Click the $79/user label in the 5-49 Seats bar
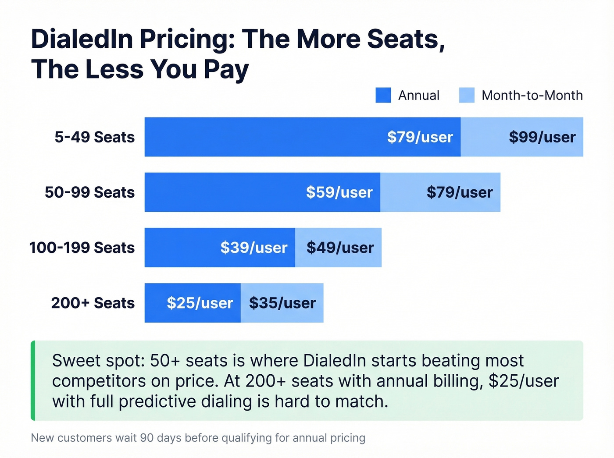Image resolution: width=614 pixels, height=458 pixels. coord(420,137)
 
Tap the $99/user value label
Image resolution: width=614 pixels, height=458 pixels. coord(542,137)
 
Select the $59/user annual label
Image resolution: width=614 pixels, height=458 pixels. coord(339,192)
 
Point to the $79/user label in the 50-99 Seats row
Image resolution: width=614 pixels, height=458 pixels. coord(459,192)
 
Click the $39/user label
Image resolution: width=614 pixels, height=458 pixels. coord(253,248)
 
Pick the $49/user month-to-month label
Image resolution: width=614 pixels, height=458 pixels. coord(340,248)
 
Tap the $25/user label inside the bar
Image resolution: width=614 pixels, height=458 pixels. coord(200,303)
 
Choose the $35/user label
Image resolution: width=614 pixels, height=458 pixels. coord(282,303)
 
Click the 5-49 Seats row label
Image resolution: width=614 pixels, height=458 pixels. coord(94,137)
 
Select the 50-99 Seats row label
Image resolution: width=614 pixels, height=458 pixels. coord(89,192)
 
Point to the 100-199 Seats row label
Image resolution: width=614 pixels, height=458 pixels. coord(82,248)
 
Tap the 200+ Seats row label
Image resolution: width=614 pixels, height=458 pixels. coord(93,303)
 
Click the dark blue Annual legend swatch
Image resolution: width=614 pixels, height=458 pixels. coord(383,95)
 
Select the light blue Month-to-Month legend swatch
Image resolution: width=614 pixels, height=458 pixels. coord(467,95)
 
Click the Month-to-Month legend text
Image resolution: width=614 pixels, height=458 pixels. coord(532,95)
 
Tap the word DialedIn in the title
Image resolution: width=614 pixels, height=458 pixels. coord(82,39)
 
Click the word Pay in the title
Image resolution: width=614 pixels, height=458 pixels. coord(226,70)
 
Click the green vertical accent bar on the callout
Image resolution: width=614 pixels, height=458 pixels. coord(33,380)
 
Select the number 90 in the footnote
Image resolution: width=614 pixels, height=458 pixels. coord(147,438)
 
